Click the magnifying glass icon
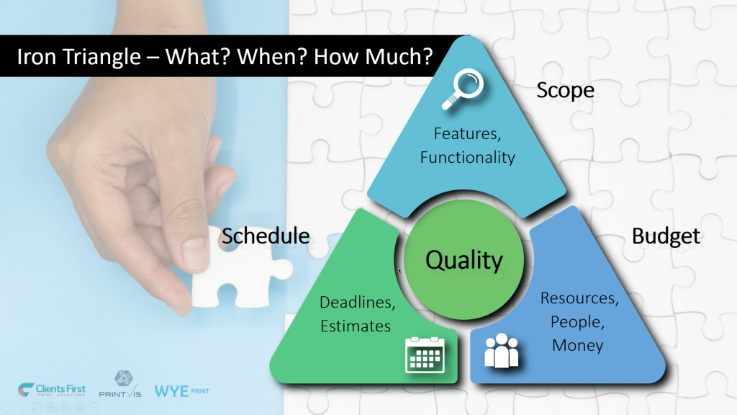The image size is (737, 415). (463, 89)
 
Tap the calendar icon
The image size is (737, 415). (425, 354)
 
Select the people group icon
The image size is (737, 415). (502, 351)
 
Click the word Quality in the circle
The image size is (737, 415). (464, 259)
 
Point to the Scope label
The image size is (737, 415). (566, 90)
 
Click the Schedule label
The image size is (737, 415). (266, 236)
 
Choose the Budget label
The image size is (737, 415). (666, 236)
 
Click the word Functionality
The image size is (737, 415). (467, 157)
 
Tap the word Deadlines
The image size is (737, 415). (357, 302)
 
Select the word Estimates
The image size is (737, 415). (356, 326)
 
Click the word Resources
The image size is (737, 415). (579, 298)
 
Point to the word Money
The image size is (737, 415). (578, 345)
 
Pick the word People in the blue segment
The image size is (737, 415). (577, 322)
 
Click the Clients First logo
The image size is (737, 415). (52, 390)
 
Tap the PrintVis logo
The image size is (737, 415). (120, 385)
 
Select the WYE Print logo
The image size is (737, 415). (182, 391)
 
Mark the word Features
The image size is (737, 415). (467, 133)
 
